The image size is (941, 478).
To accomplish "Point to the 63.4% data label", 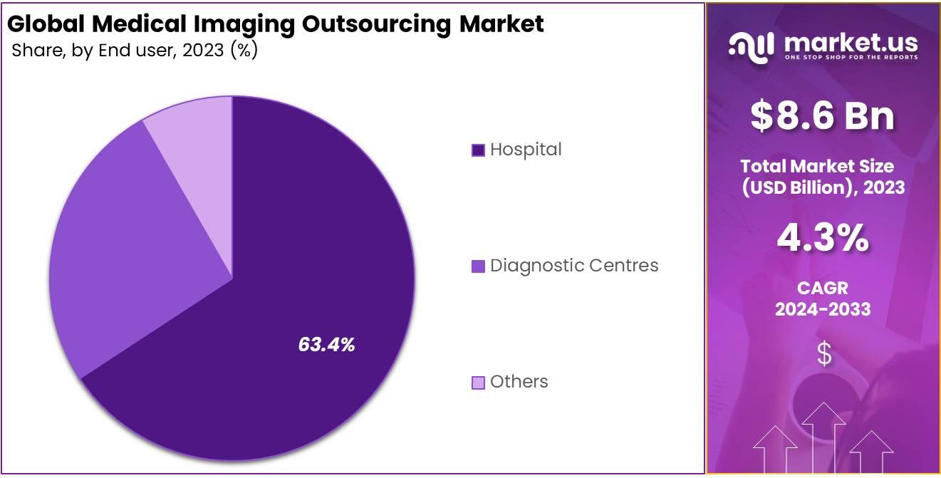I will point(326,345).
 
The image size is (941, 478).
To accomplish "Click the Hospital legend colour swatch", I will point(478,150).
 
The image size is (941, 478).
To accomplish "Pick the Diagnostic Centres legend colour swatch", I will point(478,266).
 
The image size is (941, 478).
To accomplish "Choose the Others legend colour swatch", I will point(478,383).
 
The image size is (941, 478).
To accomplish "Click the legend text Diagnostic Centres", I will point(574,266).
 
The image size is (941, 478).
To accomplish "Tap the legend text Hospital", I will point(526,150).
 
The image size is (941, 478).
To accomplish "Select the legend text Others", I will point(519,382).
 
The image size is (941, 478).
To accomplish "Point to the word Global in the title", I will point(46,24).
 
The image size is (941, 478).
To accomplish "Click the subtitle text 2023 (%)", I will point(221,51).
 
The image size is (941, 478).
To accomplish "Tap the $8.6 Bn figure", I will point(822,116).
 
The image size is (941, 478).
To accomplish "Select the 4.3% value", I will point(822,239).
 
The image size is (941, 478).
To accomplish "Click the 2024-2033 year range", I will point(822,309).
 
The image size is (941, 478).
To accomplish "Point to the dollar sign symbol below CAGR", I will point(823,353).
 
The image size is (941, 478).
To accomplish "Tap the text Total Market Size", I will point(816,167).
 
